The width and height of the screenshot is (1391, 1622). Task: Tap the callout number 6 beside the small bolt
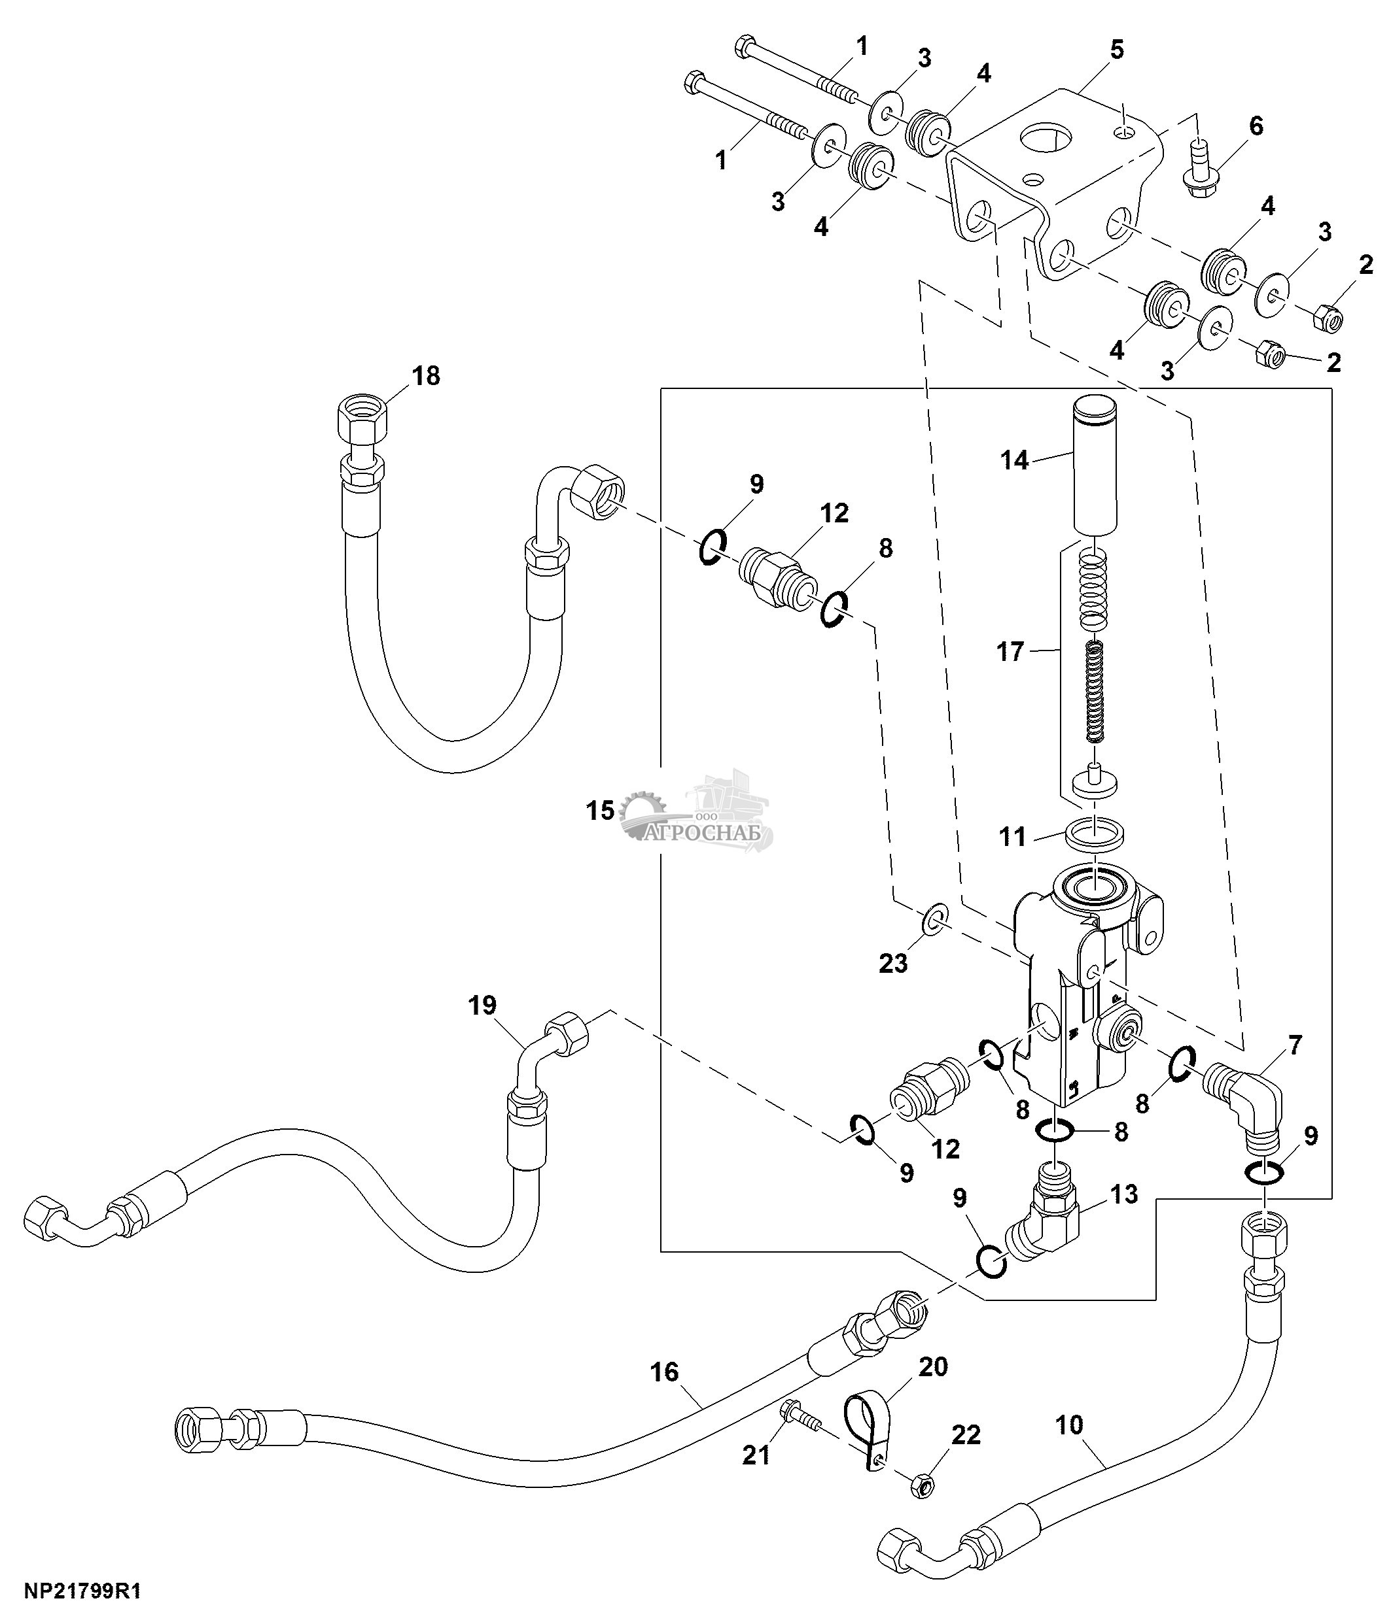point(1256,126)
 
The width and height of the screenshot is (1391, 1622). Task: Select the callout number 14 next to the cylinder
point(1013,460)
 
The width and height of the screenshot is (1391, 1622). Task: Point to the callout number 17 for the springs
point(1010,651)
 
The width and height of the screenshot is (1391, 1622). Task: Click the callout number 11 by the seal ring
point(1012,837)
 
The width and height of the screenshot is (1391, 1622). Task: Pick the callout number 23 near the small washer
point(893,963)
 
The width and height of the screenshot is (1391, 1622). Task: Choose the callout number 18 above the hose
point(426,376)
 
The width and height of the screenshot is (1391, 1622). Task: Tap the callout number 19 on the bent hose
point(482,1005)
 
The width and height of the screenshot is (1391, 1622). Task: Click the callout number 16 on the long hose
point(664,1372)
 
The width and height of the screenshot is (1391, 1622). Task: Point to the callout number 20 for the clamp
point(933,1367)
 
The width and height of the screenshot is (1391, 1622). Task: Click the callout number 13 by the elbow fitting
point(1123,1194)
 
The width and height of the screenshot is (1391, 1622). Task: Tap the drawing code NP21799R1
point(83,1591)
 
